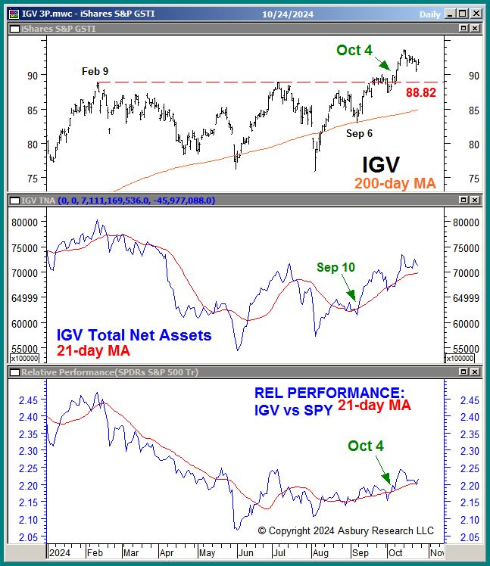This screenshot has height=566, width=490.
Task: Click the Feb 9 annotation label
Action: (95, 71)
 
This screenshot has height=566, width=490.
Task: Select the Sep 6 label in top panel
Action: (360, 133)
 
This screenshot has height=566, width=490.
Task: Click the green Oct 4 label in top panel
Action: (354, 51)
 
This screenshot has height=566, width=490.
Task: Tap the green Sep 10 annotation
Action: (336, 267)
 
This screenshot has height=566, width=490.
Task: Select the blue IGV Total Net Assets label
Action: (134, 334)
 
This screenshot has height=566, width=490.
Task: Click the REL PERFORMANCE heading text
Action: (329, 393)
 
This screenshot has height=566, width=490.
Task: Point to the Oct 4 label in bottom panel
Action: (366, 446)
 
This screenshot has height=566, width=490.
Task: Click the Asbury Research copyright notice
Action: (346, 530)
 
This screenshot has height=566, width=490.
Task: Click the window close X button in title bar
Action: (475, 13)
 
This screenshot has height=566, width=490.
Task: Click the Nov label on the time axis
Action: (438, 553)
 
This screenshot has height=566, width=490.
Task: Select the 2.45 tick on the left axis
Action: (28, 400)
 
